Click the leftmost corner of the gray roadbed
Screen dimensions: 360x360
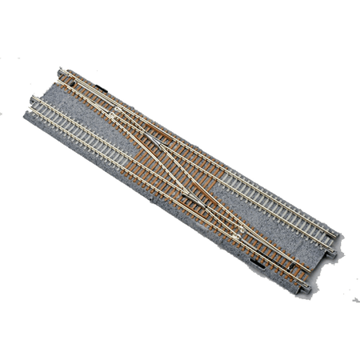24,113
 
